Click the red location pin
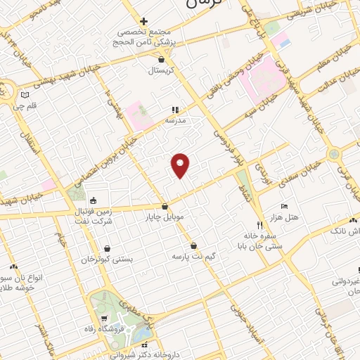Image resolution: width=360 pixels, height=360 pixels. [x=181, y=165]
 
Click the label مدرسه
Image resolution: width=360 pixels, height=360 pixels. [x=175, y=120]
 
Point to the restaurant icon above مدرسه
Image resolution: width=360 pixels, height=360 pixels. [x=176, y=110]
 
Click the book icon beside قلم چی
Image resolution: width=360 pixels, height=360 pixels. [x=25, y=95]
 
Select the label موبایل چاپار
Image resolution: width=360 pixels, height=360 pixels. [x=165, y=217]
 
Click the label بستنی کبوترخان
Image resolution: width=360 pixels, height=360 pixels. [x=107, y=259]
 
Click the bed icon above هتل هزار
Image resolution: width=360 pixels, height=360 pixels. [x=283, y=206]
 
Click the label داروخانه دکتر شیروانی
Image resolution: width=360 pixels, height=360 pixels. [x=145, y=355]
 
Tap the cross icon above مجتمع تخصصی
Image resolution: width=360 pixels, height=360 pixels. [x=143, y=22]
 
